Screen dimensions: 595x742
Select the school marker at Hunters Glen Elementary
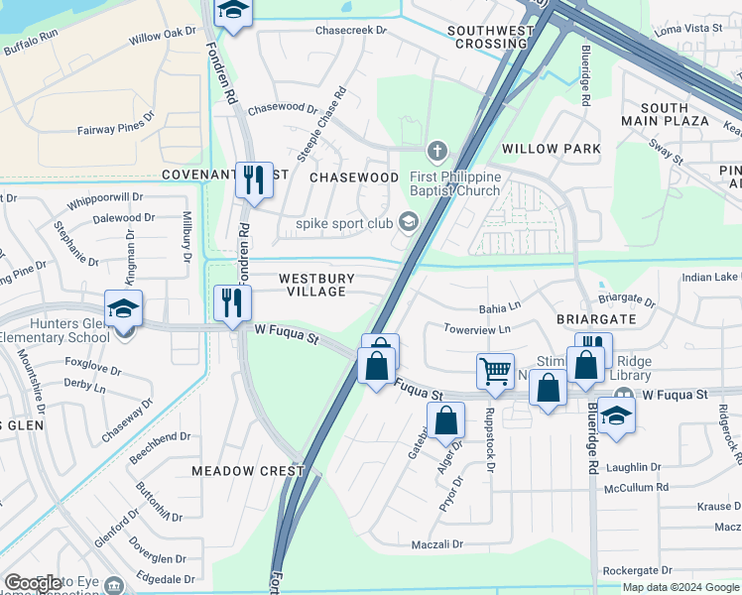coord(124,309)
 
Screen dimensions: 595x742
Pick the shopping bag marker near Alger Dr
coord(445,419)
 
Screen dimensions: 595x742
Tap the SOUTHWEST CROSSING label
coord(490,38)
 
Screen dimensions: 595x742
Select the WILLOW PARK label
coord(551,149)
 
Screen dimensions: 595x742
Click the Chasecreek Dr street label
coord(350,31)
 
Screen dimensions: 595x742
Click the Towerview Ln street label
coord(477,328)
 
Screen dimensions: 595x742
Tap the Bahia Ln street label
coord(500,307)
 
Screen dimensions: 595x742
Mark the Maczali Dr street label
coord(437,544)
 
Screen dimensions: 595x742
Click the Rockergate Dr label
coord(637,570)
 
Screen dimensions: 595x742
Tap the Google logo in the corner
coord(34,583)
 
